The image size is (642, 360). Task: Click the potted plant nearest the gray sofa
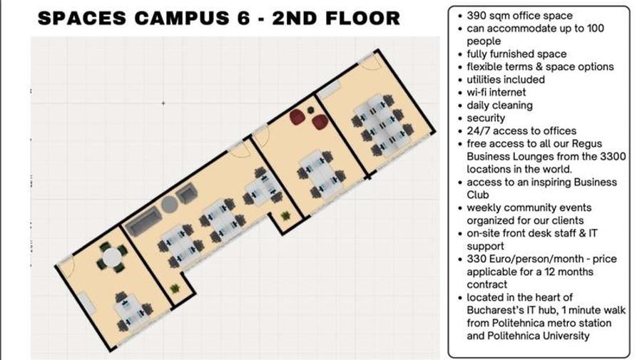(x=175, y=288)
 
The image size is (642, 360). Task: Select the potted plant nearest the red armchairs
(x=287, y=215)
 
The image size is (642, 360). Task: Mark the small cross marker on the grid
(x=163, y=103)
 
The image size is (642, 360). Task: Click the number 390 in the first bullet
(x=478, y=15)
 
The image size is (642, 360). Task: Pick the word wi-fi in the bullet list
(x=479, y=92)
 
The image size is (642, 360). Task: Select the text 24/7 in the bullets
(x=479, y=130)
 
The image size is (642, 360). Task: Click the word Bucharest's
(x=493, y=310)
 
